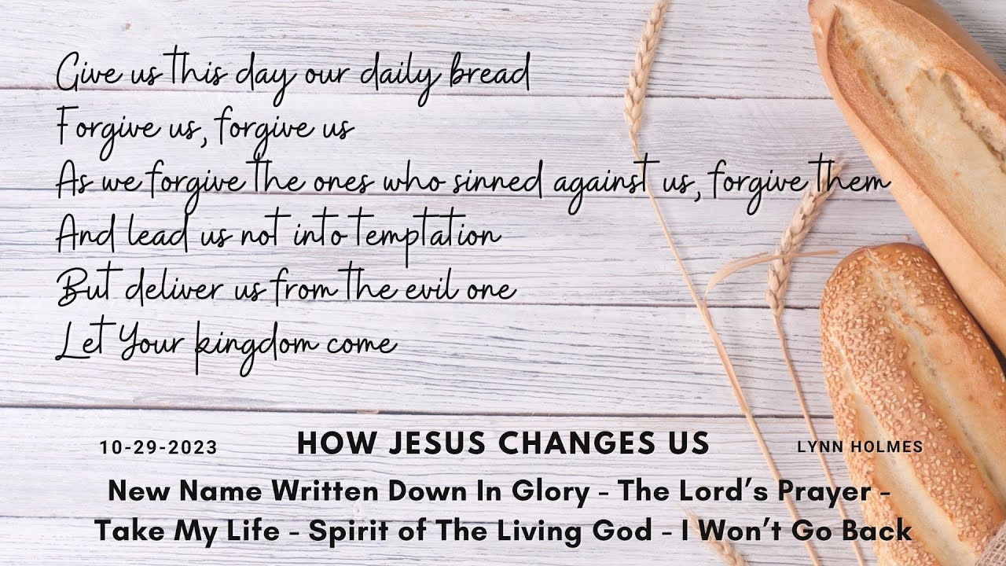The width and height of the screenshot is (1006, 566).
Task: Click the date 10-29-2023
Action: click(158, 448)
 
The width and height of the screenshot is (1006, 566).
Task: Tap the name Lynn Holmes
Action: click(860, 447)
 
